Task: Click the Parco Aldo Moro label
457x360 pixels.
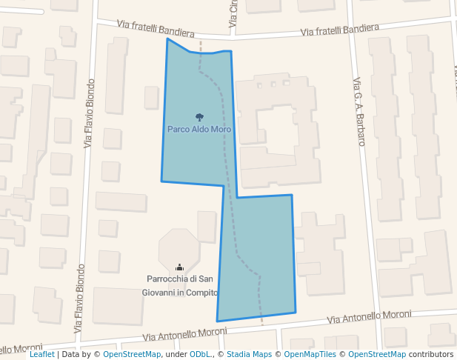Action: (199, 129)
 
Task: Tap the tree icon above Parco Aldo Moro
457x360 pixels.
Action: (199, 117)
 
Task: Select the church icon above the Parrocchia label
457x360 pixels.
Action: (179, 267)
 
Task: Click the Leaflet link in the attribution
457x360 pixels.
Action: (42, 354)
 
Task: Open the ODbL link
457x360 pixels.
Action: (200, 354)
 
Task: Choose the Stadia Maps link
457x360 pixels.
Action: (249, 354)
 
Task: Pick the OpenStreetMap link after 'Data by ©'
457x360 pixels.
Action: (132, 354)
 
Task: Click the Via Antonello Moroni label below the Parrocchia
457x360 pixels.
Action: (184, 332)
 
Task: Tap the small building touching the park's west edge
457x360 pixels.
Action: (151, 97)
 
